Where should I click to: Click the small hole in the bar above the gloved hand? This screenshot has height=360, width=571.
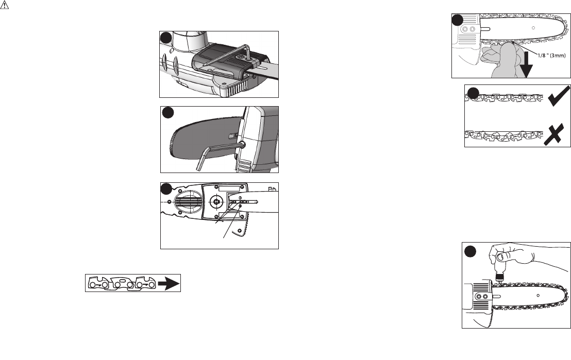[x=533, y=27]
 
